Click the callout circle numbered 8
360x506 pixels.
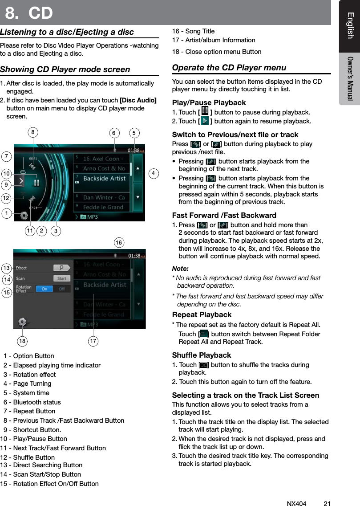click(x=32, y=132)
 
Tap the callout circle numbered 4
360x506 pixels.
click(x=153, y=173)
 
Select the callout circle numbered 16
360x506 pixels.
click(x=118, y=242)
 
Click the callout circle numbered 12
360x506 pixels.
click(x=6, y=197)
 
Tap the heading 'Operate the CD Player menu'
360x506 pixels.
click(x=229, y=68)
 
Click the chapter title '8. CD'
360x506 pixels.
click(x=29, y=13)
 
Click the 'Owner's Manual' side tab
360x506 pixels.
click(x=350, y=78)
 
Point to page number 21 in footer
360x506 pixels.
click(x=327, y=504)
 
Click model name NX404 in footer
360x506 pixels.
click(x=296, y=504)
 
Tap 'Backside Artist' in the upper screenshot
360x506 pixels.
click(x=105, y=178)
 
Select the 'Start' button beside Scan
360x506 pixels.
click(x=61, y=278)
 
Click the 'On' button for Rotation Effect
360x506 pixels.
click(x=45, y=289)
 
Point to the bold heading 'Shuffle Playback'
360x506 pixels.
click(x=201, y=355)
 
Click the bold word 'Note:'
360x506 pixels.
click(x=180, y=269)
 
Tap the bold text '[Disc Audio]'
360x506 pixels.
click(x=138, y=100)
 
